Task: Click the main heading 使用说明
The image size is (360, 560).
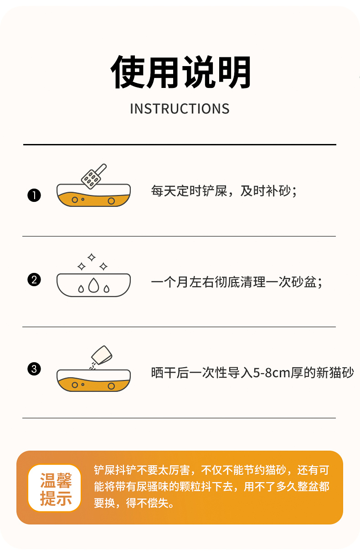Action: click(x=180, y=72)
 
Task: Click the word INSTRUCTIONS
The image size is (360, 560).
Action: click(x=180, y=109)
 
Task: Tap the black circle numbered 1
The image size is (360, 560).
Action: click(x=34, y=195)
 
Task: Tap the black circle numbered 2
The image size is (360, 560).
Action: click(x=34, y=279)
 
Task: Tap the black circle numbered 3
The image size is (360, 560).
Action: click(x=34, y=369)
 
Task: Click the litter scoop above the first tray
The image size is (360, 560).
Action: click(x=94, y=176)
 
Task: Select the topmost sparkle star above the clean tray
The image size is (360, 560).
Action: click(x=92, y=257)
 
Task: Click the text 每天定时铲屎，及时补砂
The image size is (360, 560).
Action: click(x=221, y=191)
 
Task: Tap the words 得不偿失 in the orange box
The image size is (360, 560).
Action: click(x=147, y=503)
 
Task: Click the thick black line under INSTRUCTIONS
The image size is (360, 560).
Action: click(x=180, y=144)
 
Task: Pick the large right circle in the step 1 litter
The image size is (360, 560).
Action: click(x=111, y=201)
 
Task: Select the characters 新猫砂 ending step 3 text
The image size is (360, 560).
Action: click(x=335, y=373)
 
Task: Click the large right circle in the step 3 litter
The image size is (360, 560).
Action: click(x=111, y=386)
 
